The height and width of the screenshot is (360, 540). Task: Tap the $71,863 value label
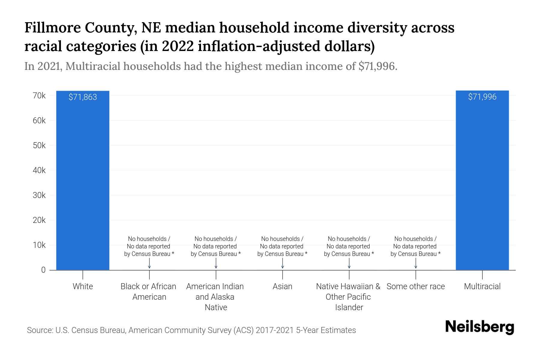pyautogui.click(x=82, y=97)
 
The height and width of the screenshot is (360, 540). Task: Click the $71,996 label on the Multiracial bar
pyautogui.click(x=482, y=97)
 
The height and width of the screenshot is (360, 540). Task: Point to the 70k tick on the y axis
pyautogui.click(x=39, y=96)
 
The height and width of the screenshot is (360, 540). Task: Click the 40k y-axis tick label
pyautogui.click(x=39, y=170)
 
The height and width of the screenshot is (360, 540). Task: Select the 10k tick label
pyautogui.click(x=39, y=245)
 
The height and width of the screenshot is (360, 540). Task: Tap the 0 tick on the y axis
pyautogui.click(x=43, y=270)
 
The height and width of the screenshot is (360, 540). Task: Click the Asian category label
pyautogui.click(x=282, y=286)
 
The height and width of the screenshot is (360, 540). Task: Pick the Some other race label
pyautogui.click(x=415, y=286)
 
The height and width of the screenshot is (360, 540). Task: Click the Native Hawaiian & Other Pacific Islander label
pyautogui.click(x=348, y=297)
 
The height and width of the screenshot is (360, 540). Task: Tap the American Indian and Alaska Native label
pyautogui.click(x=215, y=297)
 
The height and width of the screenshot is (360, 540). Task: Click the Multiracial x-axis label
pyautogui.click(x=482, y=286)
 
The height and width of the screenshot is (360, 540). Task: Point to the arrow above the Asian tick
pyautogui.click(x=282, y=263)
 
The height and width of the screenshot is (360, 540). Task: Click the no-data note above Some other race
pyautogui.click(x=415, y=246)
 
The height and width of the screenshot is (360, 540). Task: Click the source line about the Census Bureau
pyautogui.click(x=191, y=330)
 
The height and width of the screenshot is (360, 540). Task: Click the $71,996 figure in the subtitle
pyautogui.click(x=377, y=66)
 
